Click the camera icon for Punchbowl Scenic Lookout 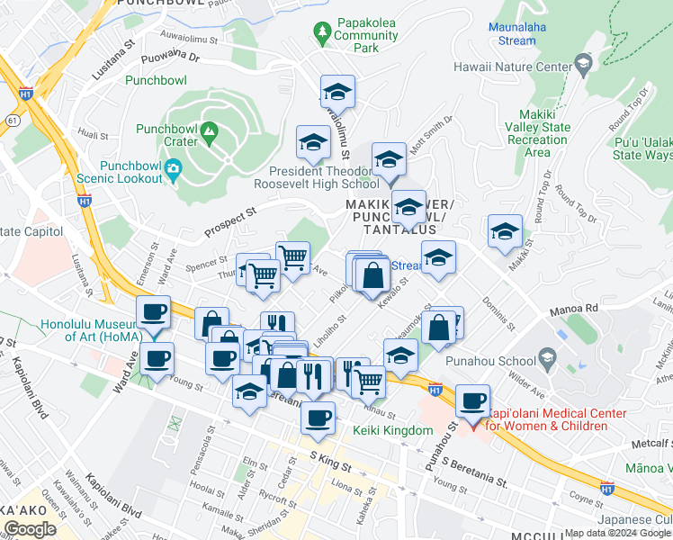click(x=175, y=169)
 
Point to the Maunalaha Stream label click(x=525, y=33)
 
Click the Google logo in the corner click(x=29, y=529)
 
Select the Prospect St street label click(x=232, y=217)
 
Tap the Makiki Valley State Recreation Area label click(x=537, y=133)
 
